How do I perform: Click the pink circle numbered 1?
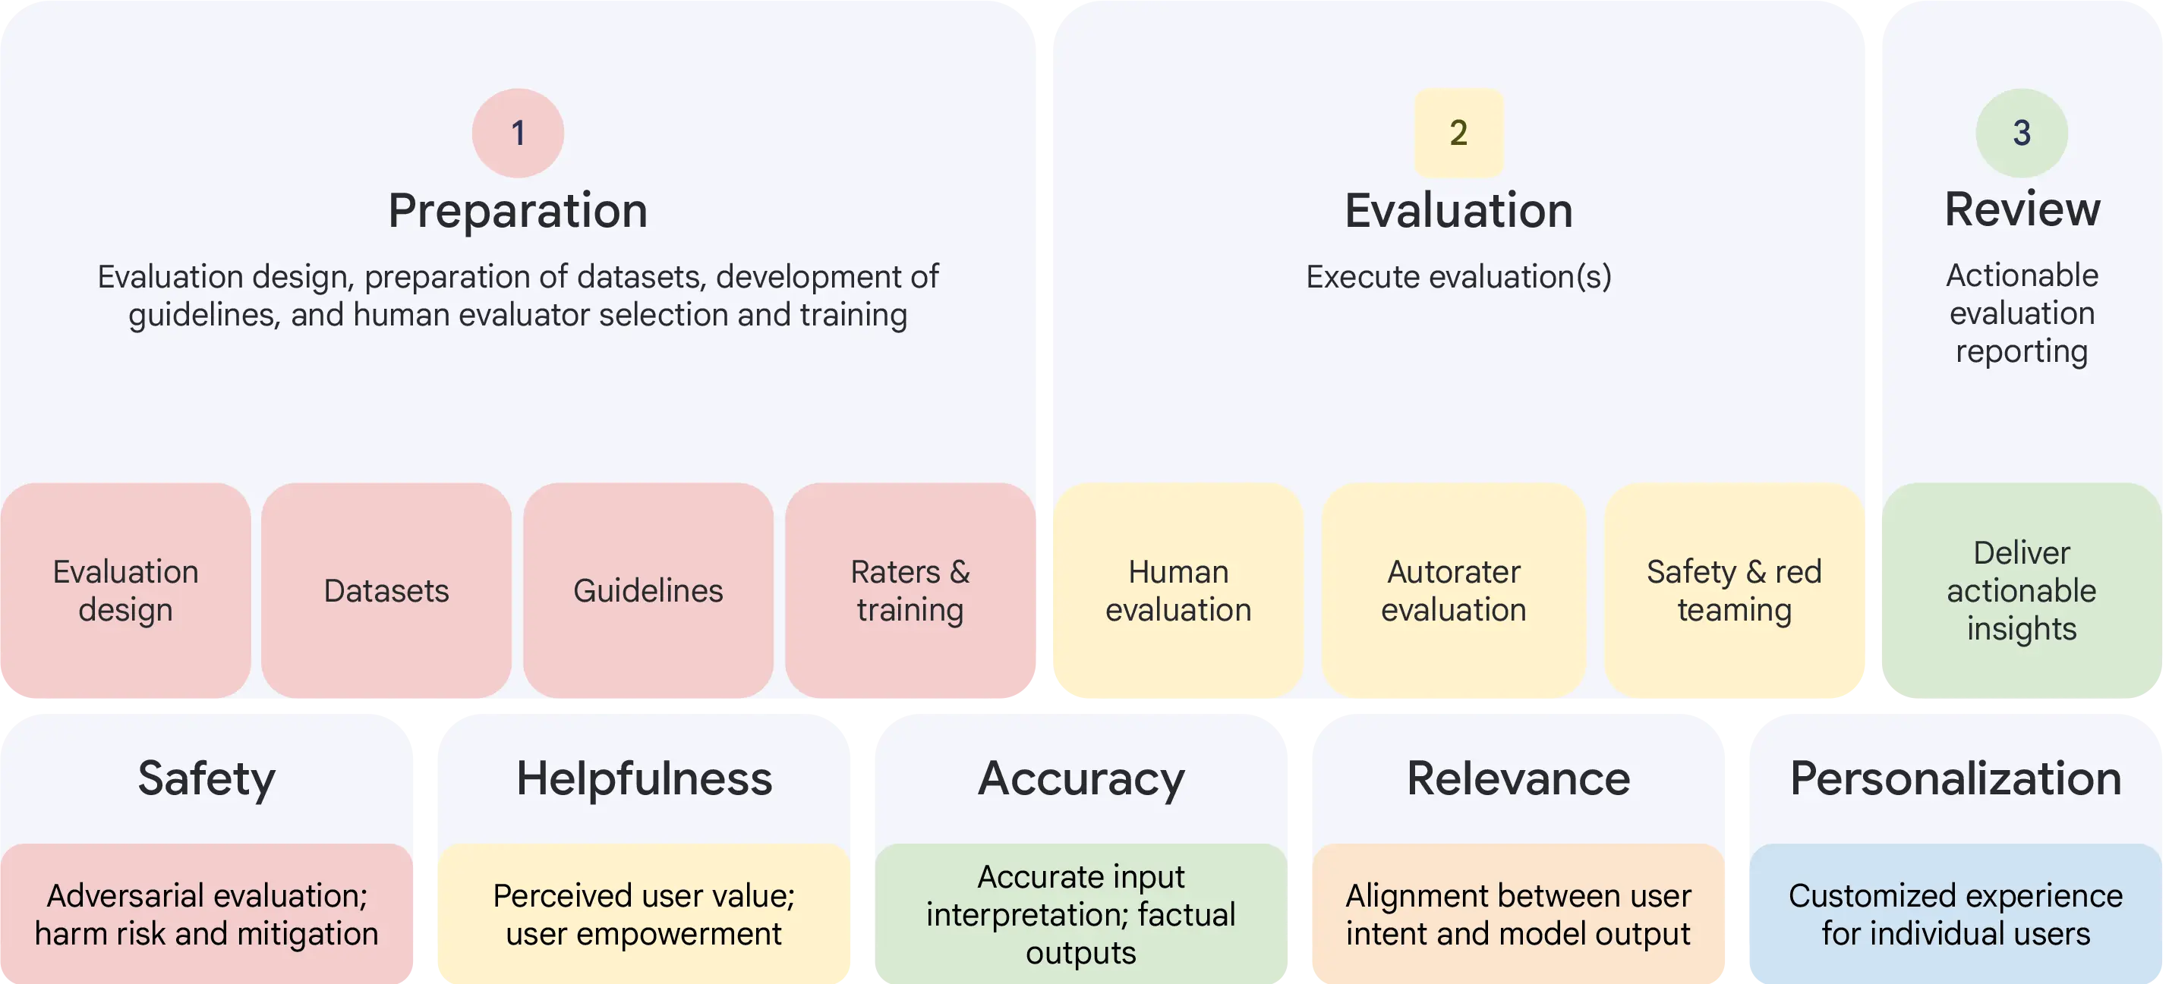518,133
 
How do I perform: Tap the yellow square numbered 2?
1458,133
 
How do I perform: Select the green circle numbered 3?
2021,133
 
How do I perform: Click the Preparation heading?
518,210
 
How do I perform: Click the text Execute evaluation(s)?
1458,277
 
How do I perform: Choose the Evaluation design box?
125,590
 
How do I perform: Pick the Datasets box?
386,590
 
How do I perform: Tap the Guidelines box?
648,590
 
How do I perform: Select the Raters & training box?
910,590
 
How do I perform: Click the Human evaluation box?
1178,590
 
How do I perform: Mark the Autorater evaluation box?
1453,590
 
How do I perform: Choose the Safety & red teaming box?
1734,590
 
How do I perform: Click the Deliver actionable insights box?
2021,590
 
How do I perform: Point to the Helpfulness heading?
644,778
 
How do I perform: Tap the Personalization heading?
1955,778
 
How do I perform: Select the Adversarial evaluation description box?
206,914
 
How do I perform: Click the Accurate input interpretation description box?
1081,914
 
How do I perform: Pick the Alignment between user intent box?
1518,914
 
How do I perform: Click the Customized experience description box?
1955,914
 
